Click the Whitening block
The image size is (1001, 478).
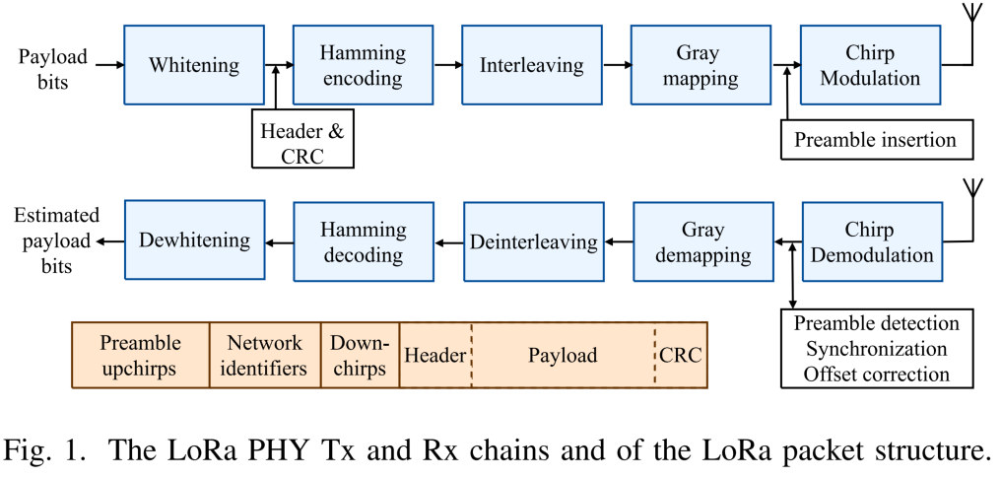tap(193, 66)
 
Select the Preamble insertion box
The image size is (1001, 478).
tap(876, 140)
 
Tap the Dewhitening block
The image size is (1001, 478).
tap(193, 241)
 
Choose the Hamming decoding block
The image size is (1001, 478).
tap(363, 241)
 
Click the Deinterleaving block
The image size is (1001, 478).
tap(533, 241)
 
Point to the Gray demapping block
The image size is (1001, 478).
tap(702, 241)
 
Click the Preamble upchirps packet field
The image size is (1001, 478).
tap(140, 355)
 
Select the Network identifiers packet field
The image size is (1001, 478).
tap(265, 355)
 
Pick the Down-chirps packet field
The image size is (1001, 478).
tap(361, 355)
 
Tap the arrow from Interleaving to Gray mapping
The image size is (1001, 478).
tap(618, 66)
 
